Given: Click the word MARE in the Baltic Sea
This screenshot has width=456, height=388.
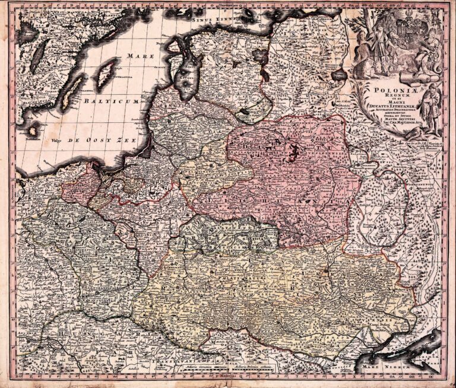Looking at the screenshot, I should tap(140, 56).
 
